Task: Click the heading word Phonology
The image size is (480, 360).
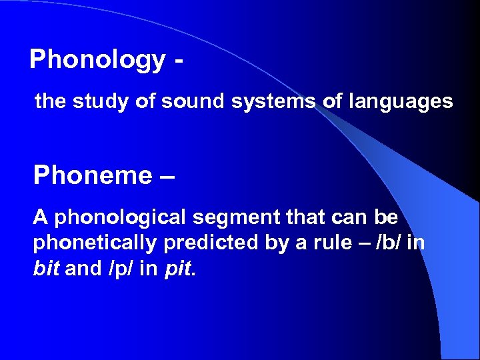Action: coord(97,60)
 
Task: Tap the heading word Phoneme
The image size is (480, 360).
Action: coord(93,175)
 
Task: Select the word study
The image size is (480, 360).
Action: coord(93,102)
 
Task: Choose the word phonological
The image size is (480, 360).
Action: coord(122,218)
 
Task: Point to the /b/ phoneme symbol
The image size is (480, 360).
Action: coord(387,242)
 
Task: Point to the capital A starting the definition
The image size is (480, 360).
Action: coord(41,218)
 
